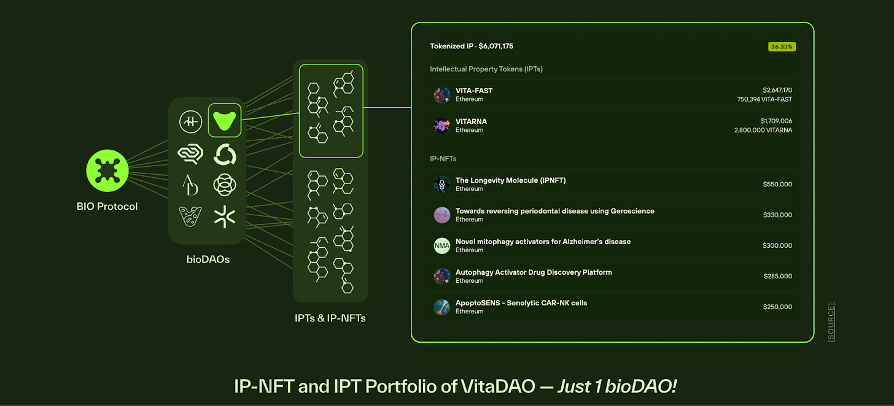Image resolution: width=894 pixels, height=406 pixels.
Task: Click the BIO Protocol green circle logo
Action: (107, 170)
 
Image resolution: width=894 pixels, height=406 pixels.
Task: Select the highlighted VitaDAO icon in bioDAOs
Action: (225, 120)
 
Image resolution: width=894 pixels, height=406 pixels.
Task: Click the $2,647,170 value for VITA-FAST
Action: (777, 90)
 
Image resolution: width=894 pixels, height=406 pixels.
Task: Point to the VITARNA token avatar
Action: (442, 126)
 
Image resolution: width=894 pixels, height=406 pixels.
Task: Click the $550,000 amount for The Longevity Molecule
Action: (777, 185)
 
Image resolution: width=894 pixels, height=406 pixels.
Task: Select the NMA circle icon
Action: (442, 246)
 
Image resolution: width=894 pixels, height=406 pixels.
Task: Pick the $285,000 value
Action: (777, 277)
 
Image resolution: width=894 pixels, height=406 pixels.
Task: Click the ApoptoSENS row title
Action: (521, 303)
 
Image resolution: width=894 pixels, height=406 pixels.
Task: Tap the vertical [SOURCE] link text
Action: (831, 321)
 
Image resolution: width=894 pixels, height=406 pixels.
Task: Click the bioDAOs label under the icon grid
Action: (208, 259)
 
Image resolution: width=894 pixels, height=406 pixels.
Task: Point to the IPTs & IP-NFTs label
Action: (330, 318)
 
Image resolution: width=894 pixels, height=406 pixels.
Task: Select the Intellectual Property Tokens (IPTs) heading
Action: (486, 69)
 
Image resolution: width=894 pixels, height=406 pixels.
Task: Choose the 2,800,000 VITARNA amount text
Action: (763, 130)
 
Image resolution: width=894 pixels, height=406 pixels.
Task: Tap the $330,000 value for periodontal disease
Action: (777, 215)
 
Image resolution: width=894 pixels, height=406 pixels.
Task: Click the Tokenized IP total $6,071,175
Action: (472, 46)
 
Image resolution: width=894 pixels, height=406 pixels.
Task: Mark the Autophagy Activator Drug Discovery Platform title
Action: (534, 272)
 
